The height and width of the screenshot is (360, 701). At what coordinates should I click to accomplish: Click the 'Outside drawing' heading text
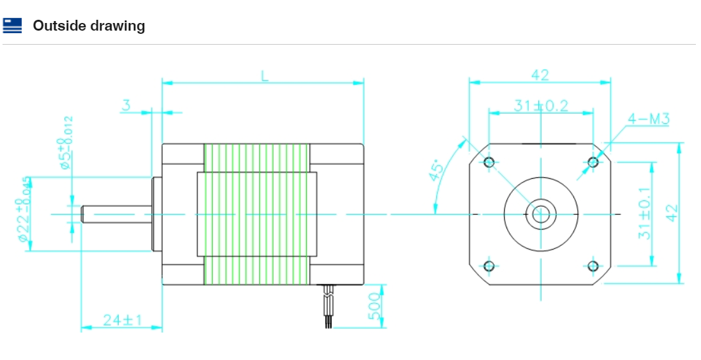click(x=89, y=26)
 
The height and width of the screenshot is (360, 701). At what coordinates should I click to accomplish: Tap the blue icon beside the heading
click(x=12, y=26)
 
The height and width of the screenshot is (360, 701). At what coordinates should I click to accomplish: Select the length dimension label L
click(x=264, y=75)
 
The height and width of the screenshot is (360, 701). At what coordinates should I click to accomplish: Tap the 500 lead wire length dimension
click(x=375, y=306)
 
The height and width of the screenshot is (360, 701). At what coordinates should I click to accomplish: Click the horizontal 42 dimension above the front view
click(x=540, y=74)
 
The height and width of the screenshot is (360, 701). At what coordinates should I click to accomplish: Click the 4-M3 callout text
click(x=648, y=119)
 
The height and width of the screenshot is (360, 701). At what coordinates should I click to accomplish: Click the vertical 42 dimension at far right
click(x=670, y=213)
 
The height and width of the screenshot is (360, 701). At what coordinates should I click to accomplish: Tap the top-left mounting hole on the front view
click(x=489, y=162)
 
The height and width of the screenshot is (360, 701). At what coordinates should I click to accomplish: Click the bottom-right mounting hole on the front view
click(x=593, y=266)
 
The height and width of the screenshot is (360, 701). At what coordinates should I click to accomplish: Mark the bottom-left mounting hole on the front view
click(x=489, y=266)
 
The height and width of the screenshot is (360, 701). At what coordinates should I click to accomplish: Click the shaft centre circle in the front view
click(x=541, y=214)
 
